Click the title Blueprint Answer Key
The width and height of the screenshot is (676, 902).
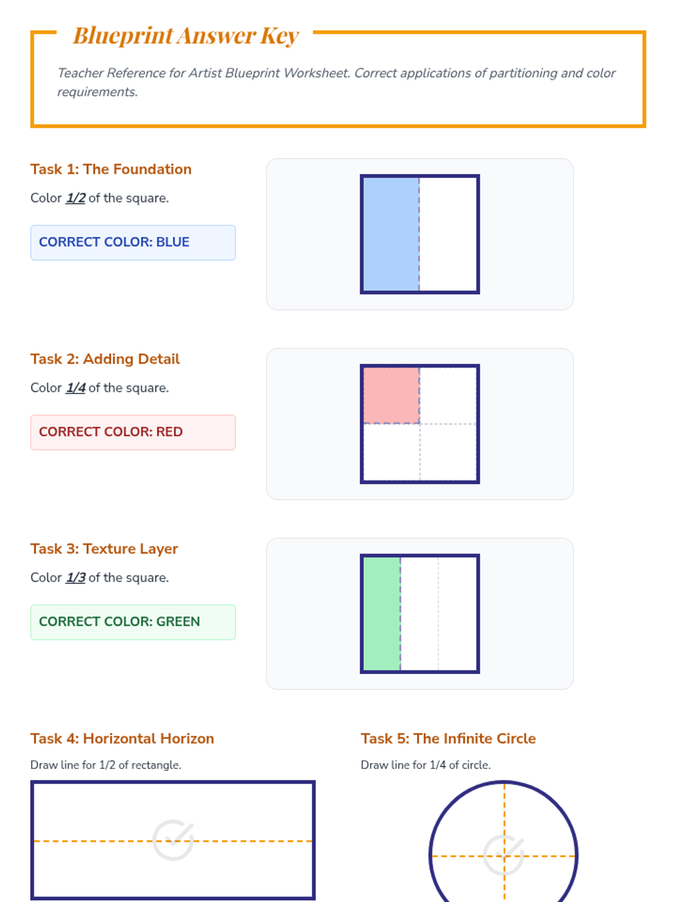tap(186, 36)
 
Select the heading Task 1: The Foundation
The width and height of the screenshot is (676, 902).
tap(111, 169)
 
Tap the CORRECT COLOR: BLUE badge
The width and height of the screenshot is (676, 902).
tap(133, 242)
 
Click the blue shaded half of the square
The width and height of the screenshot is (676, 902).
tap(391, 234)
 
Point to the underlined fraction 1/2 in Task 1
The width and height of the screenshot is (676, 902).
tap(75, 198)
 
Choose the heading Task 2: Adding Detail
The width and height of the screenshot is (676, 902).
tap(105, 359)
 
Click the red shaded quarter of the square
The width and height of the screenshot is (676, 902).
tap(391, 395)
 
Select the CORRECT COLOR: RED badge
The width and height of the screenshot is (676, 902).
tap(133, 432)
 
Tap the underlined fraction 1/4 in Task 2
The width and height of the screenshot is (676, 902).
tap(75, 388)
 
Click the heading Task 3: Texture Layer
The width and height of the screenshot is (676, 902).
tap(104, 549)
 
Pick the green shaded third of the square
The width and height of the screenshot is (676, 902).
tap(382, 614)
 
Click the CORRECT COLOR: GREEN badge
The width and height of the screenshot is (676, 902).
tap(133, 622)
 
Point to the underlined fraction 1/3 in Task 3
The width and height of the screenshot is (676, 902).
tap(75, 578)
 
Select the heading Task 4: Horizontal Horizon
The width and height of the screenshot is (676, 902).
tap(122, 739)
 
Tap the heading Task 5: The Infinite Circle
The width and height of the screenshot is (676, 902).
tap(448, 739)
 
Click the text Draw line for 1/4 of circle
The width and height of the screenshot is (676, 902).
tap(426, 765)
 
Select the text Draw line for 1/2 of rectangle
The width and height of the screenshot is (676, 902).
tap(106, 765)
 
